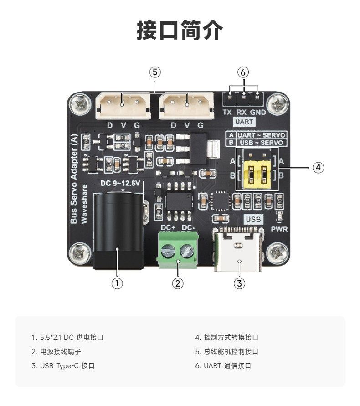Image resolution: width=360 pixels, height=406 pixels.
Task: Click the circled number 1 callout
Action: pyautogui.click(x=117, y=283)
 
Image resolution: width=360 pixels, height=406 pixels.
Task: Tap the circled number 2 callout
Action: pyautogui.click(x=178, y=283)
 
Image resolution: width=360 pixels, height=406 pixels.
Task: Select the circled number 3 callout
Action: pyautogui.click(x=240, y=283)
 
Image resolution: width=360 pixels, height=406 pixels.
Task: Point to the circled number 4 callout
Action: pyautogui.click(x=319, y=167)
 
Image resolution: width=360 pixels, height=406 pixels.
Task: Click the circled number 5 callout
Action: pyautogui.click(x=155, y=72)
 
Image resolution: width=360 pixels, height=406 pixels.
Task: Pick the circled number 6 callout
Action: pyautogui.click(x=243, y=72)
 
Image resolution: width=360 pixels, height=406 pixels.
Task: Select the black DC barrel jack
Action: pyautogui.click(x=118, y=230)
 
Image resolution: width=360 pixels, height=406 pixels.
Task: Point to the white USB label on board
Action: pyautogui.click(x=254, y=219)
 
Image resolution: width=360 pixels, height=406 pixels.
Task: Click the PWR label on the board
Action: pyautogui.click(x=279, y=229)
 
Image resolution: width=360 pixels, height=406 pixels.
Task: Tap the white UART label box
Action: pyautogui.click(x=244, y=122)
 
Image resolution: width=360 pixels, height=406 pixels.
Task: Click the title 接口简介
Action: pyautogui.click(x=180, y=30)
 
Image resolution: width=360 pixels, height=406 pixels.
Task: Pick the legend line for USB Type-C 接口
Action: pyautogui.click(x=63, y=366)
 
